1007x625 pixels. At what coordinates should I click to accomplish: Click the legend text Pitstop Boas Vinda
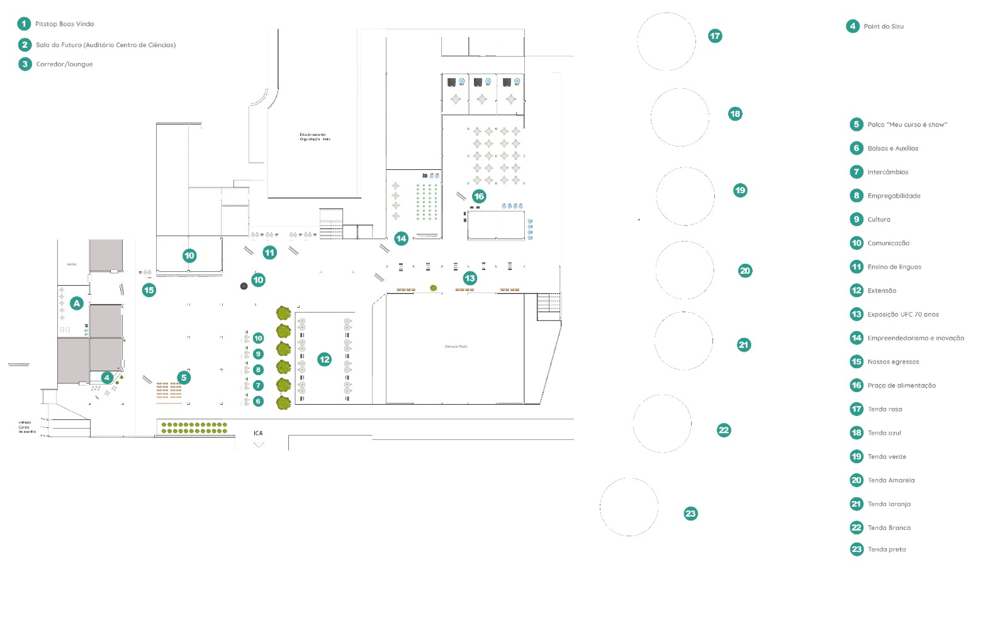[64, 24]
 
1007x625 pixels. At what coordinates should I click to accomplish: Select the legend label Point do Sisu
[883, 26]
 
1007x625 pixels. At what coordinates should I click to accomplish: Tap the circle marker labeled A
[77, 303]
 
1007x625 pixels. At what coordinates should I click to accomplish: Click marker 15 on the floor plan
[149, 290]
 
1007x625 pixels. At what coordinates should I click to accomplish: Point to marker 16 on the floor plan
[479, 196]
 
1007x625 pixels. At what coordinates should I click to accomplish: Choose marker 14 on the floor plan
[401, 239]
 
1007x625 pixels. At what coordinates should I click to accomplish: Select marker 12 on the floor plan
[324, 359]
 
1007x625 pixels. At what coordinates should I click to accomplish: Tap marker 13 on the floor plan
[470, 278]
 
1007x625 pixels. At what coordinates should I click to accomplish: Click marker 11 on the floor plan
[269, 253]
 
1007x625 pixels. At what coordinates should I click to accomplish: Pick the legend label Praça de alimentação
[901, 385]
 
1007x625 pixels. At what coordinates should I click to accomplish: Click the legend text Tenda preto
[887, 549]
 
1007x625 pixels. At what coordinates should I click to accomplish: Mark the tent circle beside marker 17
[667, 42]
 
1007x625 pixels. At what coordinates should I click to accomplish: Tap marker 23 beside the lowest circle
[690, 514]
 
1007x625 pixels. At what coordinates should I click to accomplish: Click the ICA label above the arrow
[258, 433]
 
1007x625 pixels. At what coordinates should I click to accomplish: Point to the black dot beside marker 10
[244, 286]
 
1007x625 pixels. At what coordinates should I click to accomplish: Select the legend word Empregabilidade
[894, 196]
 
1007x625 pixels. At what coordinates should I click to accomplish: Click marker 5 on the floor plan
[184, 378]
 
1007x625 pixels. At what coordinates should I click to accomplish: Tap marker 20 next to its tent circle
[745, 271]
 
